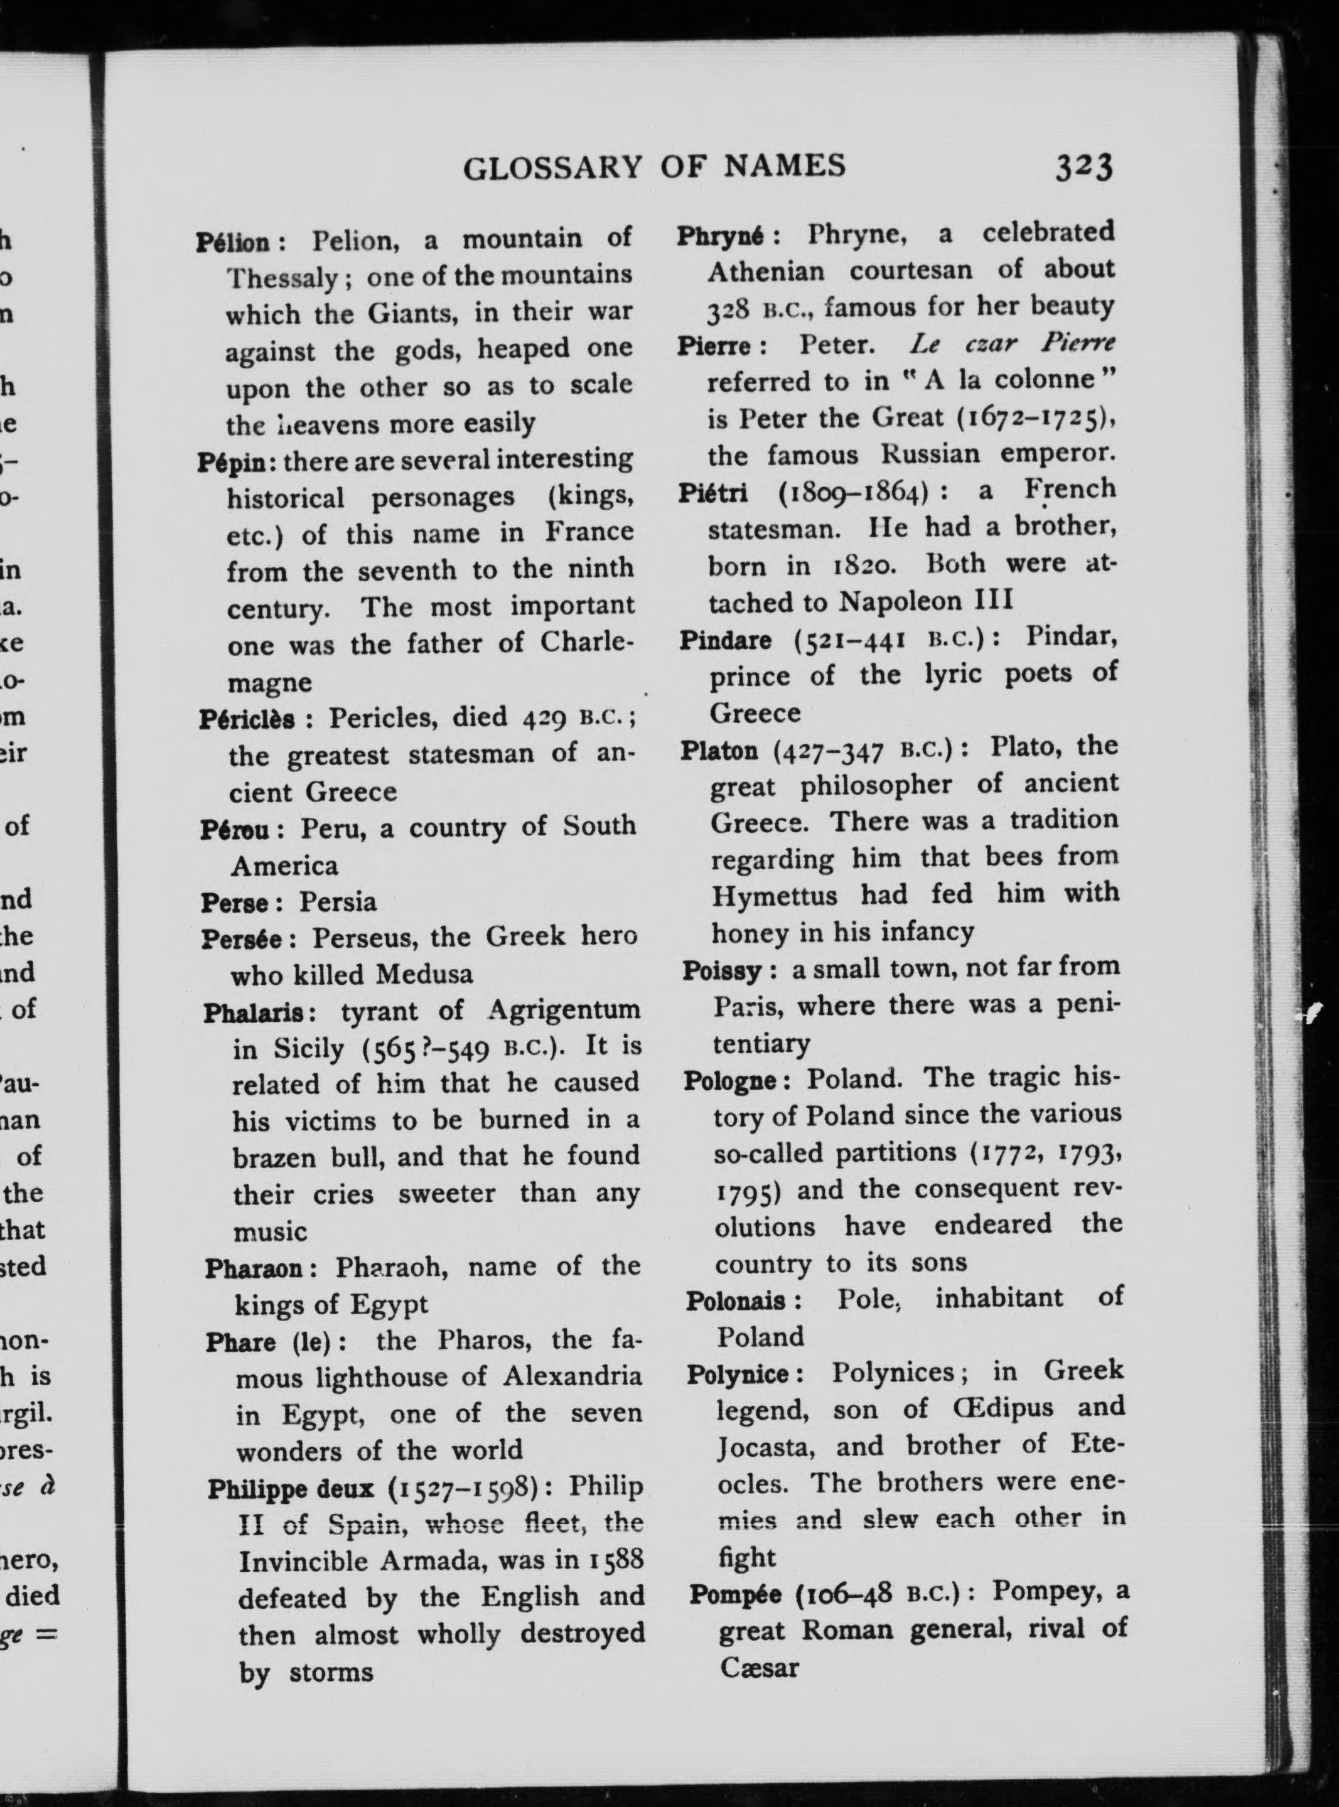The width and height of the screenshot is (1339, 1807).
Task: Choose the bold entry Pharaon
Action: [254, 1267]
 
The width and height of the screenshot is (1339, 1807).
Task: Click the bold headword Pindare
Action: [726, 641]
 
